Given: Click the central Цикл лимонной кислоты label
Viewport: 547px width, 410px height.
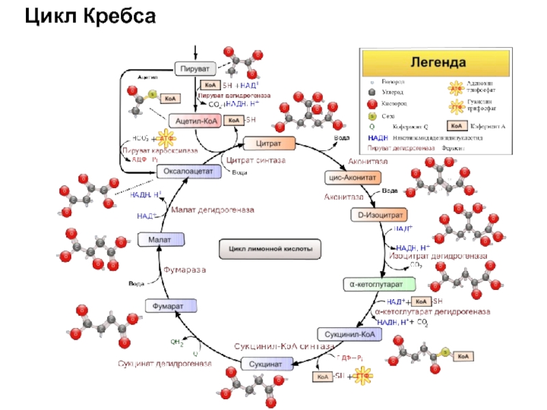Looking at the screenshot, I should pyautogui.click(x=270, y=249).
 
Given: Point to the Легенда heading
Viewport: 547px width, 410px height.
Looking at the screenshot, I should pyautogui.click(x=438, y=62).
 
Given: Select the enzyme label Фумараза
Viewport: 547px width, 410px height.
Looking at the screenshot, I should pyautogui.click(x=184, y=270).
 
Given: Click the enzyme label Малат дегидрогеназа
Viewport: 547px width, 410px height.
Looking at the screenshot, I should pyautogui.click(x=212, y=209).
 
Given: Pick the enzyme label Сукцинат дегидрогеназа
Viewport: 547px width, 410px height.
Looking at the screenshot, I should pyautogui.click(x=164, y=363).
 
